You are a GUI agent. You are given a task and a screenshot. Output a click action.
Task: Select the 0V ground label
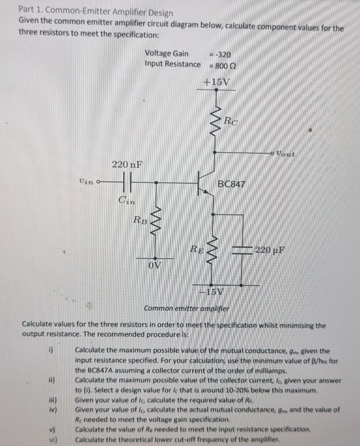click(x=155, y=265)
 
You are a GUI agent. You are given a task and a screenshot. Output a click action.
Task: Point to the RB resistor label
click(x=140, y=220)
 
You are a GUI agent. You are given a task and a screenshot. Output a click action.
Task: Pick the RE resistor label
click(x=197, y=249)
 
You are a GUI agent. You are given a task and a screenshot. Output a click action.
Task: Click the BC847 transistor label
click(x=231, y=184)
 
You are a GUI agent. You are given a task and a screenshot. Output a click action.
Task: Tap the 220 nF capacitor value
click(x=127, y=164)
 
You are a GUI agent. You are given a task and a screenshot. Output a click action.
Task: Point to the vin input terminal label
click(x=86, y=182)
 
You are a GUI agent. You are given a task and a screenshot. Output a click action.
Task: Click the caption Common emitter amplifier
click(x=187, y=309)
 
